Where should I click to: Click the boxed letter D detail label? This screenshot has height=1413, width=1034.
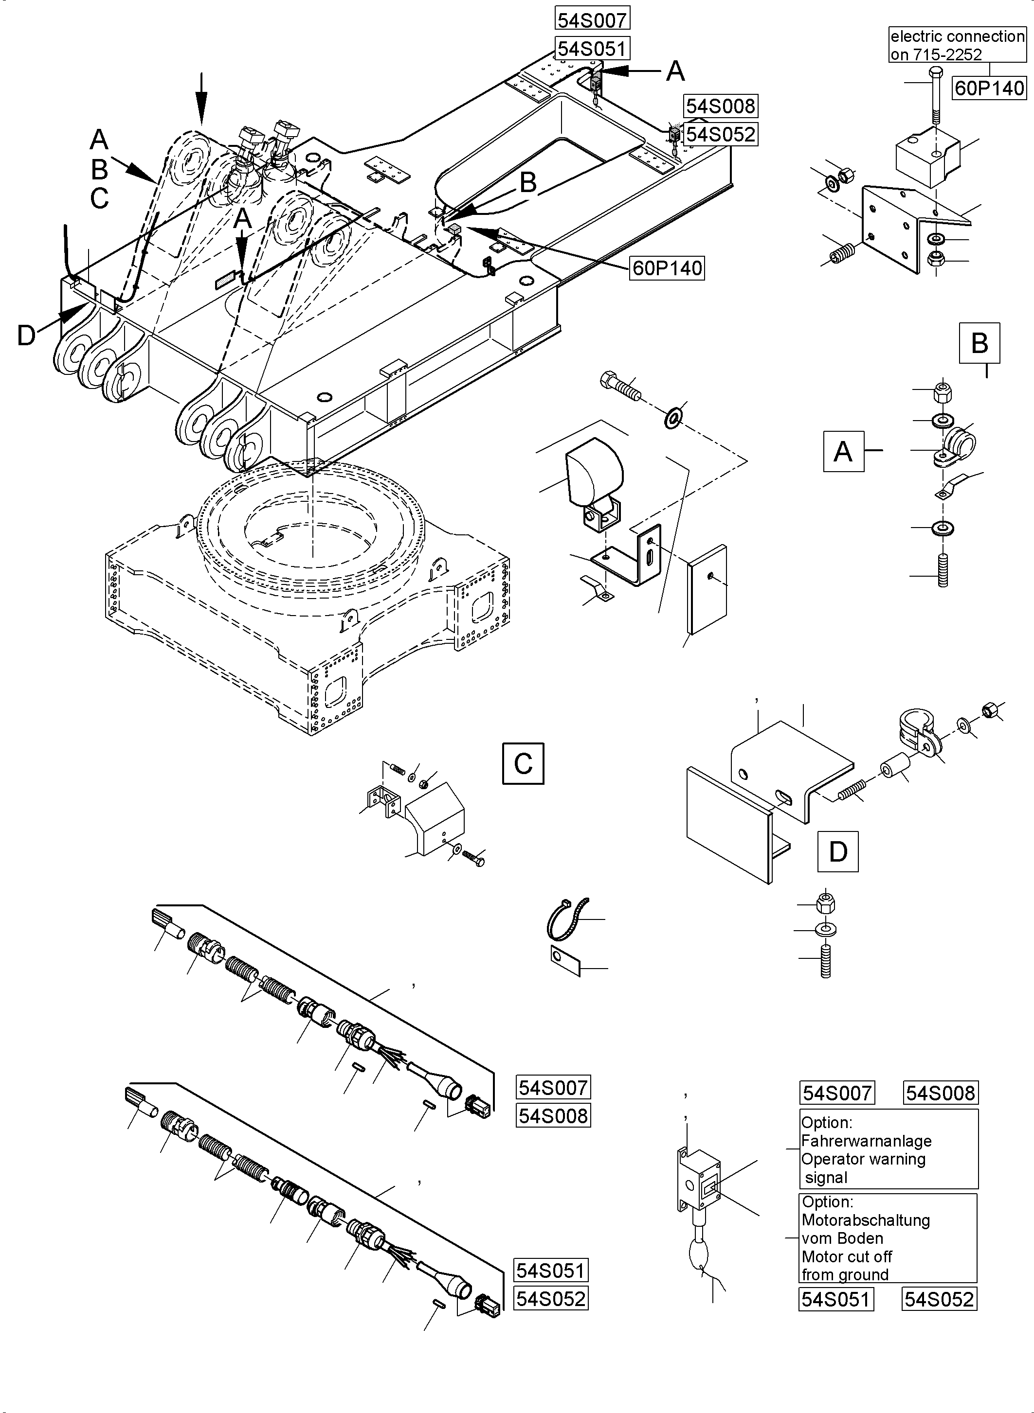pyautogui.click(x=837, y=851)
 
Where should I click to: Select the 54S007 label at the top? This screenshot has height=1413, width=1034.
pyautogui.click(x=592, y=20)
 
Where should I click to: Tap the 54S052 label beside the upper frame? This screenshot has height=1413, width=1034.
pyautogui.click(x=721, y=134)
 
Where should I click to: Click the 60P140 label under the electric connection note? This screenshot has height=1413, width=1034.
pyautogui.click(x=989, y=88)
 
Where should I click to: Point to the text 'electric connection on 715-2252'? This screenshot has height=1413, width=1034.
pyautogui.click(x=957, y=45)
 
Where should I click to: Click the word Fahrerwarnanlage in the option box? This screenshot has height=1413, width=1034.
pyautogui.click(x=866, y=1141)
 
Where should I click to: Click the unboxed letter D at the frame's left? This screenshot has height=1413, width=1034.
pyautogui.click(x=26, y=336)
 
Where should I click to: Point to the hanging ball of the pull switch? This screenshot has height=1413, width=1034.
pyautogui.click(x=699, y=1254)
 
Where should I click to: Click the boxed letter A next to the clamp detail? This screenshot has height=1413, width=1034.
pyautogui.click(x=843, y=451)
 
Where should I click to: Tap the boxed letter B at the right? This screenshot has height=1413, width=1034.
pyautogui.click(x=979, y=343)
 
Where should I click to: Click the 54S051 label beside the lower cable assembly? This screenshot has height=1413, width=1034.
pyautogui.click(x=551, y=1271)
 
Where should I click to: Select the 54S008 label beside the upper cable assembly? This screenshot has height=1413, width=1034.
pyautogui.click(x=553, y=1116)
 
